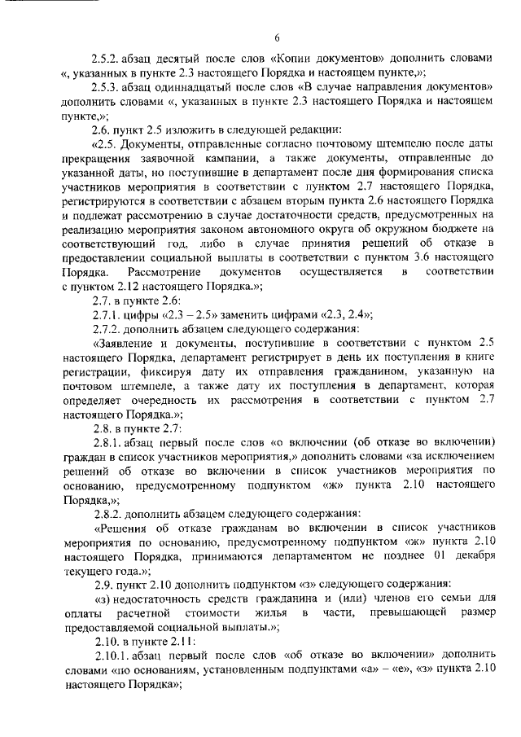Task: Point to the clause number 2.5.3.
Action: tap(107, 87)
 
